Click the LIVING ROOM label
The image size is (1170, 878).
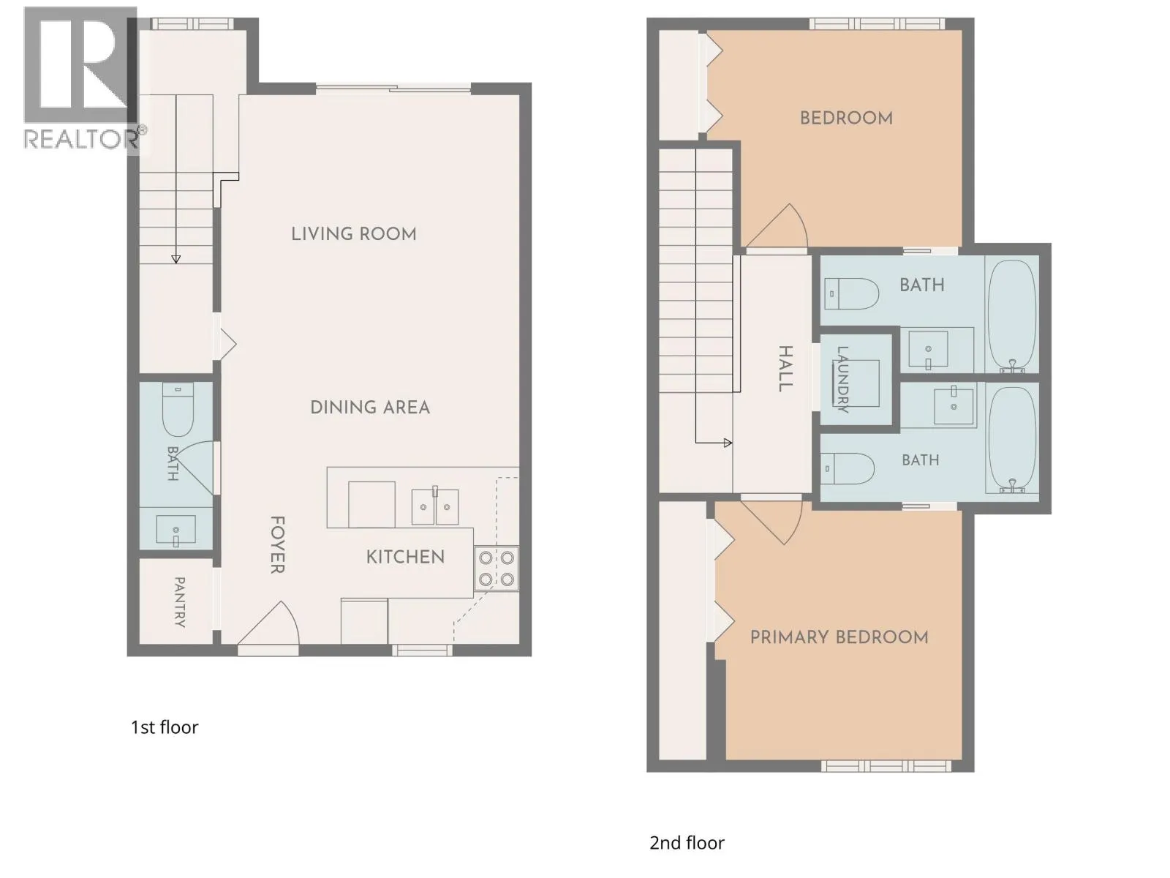click(353, 233)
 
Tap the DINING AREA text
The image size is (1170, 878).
click(370, 408)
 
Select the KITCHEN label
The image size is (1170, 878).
click(405, 557)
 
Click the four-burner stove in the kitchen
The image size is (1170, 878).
click(496, 569)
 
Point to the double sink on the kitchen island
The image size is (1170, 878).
click(435, 506)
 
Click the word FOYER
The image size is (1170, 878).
click(277, 544)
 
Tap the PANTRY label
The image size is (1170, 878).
click(180, 601)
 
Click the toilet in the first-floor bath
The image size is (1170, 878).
click(178, 410)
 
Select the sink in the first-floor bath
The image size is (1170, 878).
click(176, 530)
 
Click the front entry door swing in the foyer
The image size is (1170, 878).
click(269, 623)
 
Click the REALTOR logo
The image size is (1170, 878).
click(83, 80)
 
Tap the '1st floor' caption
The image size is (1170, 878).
click(165, 727)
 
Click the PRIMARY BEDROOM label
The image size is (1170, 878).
click(839, 637)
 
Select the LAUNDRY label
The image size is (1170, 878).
click(842, 379)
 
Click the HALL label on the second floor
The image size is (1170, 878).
click(785, 368)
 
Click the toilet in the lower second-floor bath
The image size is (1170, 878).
click(847, 468)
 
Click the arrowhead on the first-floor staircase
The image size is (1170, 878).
click(176, 259)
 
